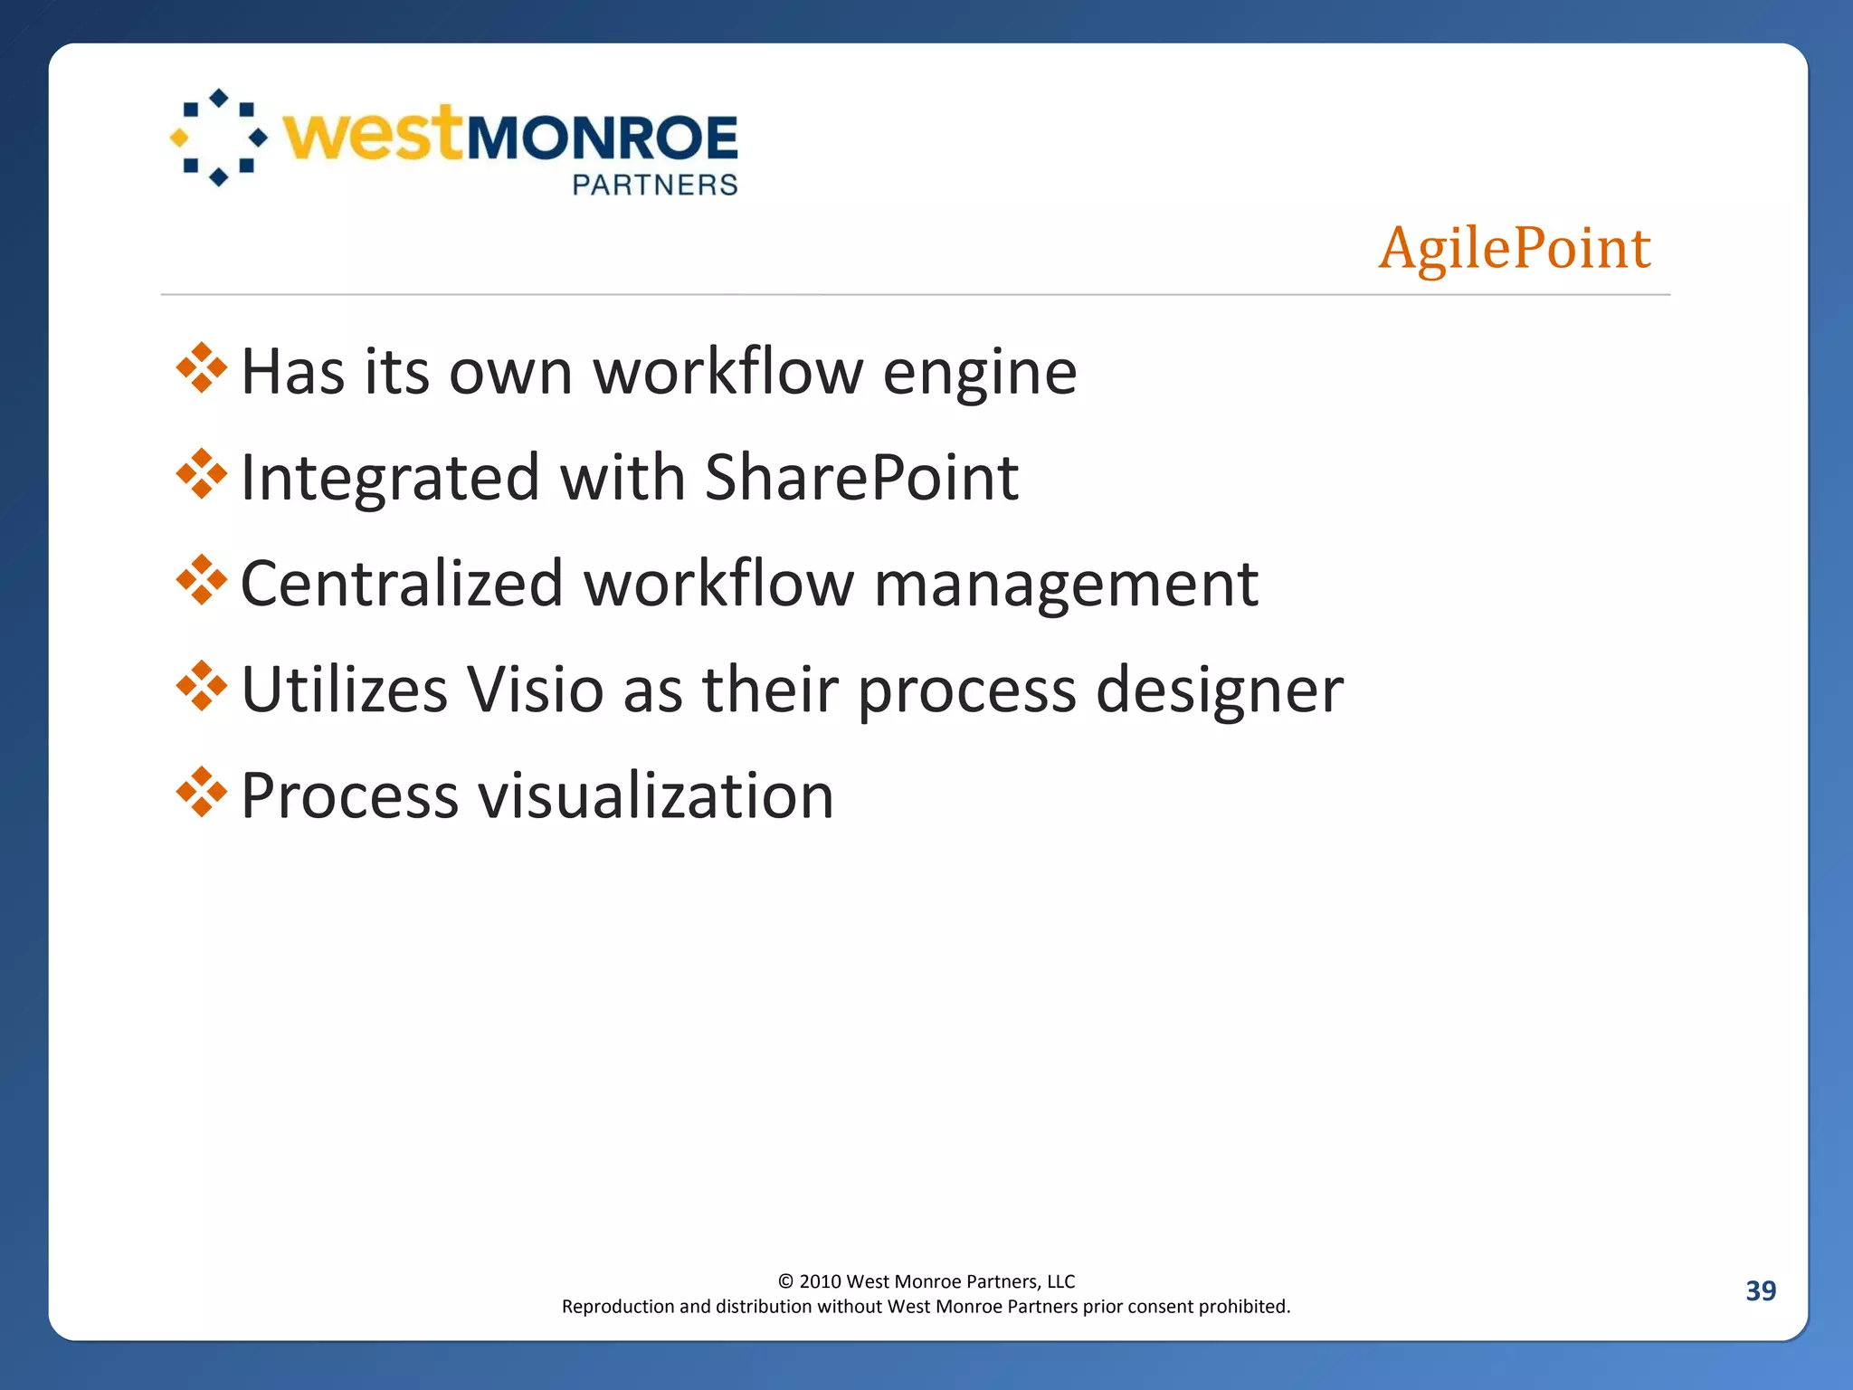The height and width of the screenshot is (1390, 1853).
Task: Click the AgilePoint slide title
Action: pyautogui.click(x=1514, y=248)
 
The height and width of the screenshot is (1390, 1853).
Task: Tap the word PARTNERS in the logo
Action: pyautogui.click(x=655, y=185)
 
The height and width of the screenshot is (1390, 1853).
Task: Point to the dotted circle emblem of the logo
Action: pyautogui.click(x=219, y=138)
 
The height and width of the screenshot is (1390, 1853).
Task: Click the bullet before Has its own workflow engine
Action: pyautogui.click(x=202, y=368)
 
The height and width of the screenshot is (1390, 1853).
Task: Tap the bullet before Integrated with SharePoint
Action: pyautogui.click(x=202, y=474)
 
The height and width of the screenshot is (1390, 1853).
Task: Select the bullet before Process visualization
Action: pyautogui.click(x=202, y=793)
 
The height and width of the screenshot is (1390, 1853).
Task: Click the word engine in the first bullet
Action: pyautogui.click(x=980, y=373)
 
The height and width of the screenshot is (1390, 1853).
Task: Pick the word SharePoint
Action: pyautogui.click(x=860, y=478)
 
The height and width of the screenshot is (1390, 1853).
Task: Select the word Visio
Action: pyautogui.click(x=535, y=690)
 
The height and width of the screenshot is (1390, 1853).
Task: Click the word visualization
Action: pyautogui.click(x=655, y=796)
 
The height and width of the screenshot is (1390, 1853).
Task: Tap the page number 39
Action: pyautogui.click(x=1760, y=1290)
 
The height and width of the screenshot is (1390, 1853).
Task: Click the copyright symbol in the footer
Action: pyautogui.click(x=785, y=1281)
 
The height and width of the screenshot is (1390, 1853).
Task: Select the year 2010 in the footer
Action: pyautogui.click(x=820, y=1281)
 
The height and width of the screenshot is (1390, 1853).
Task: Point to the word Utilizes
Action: pyautogui.click(x=345, y=690)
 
